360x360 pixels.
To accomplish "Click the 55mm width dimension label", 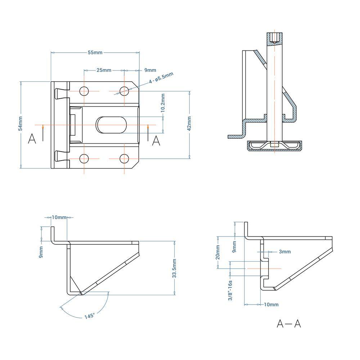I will coord(95,53).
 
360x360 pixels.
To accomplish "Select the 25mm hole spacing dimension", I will coord(104,70).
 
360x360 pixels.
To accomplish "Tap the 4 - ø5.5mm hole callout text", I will coord(161,78).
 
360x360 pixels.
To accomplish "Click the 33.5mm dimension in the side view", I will coord(174,268).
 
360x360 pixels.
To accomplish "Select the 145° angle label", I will coord(90,316).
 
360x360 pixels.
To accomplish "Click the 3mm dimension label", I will coord(284,252).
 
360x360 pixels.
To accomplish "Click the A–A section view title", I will coord(289,324).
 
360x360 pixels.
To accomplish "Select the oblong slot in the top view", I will coord(112,125).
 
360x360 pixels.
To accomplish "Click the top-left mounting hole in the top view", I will coord(84,91).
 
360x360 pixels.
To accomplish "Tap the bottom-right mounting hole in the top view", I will coord(124,158).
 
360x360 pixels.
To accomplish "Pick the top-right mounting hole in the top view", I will coord(124,91).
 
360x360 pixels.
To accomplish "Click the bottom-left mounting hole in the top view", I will coord(84,158).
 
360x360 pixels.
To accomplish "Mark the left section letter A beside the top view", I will coord(32,139).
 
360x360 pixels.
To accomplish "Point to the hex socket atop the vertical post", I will coord(275,37).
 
